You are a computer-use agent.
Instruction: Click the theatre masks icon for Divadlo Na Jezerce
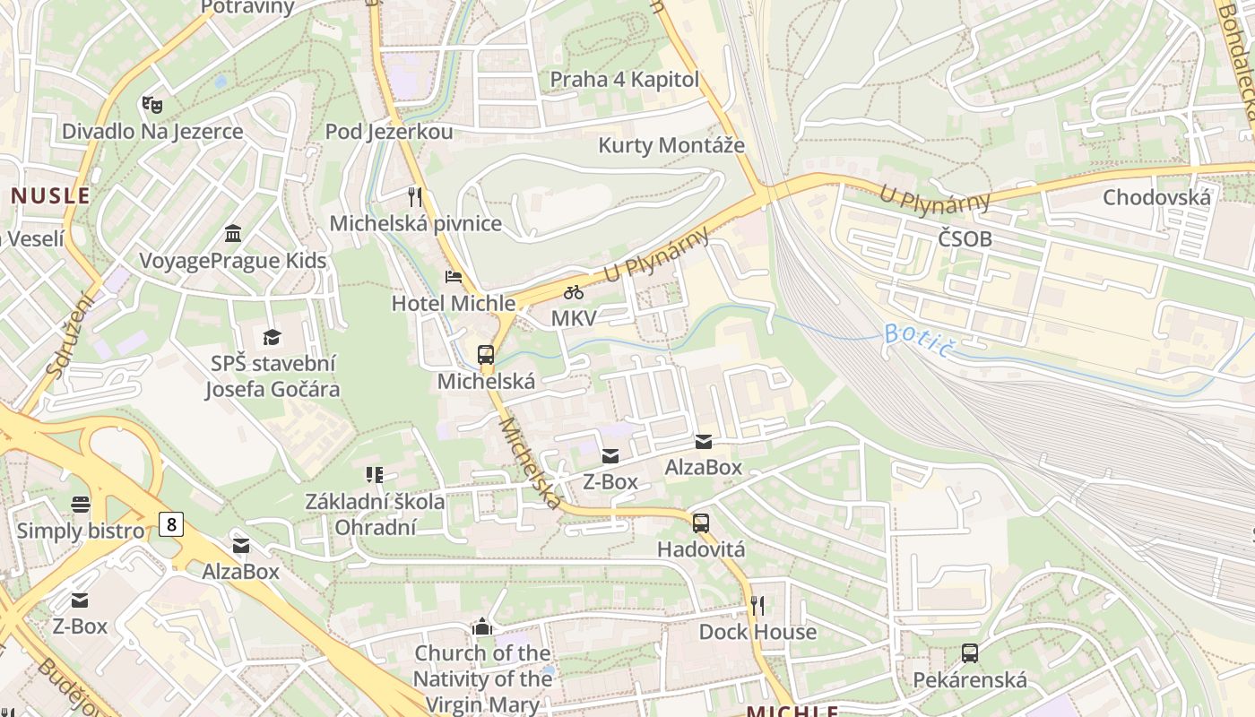coord(151,105)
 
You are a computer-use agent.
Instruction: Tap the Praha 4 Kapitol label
coord(624,79)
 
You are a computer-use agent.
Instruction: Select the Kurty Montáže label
coord(671,145)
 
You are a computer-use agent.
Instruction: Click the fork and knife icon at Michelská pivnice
coord(414,196)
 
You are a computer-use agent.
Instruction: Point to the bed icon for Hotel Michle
coord(454,276)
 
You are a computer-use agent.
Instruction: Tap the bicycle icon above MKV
coord(574,292)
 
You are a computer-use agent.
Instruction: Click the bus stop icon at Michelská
coord(486,354)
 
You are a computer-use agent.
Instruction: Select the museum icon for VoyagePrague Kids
coord(233,234)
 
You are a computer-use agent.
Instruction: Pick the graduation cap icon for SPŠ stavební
coord(272,337)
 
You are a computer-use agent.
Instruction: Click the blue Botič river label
coord(916,340)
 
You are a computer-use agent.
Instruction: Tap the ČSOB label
coord(965,238)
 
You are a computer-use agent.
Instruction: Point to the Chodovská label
coord(1156,197)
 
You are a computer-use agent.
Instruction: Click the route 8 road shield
coord(170,523)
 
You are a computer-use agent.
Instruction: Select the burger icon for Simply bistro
coord(81,504)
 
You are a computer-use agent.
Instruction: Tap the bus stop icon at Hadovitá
coord(701,523)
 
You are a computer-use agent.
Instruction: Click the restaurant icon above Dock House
coord(757,606)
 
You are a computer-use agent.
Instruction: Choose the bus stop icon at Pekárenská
coord(969,652)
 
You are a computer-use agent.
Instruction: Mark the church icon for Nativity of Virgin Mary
coord(482,626)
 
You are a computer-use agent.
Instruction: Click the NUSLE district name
coord(50,195)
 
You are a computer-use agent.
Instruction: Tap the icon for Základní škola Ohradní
coord(375,474)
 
